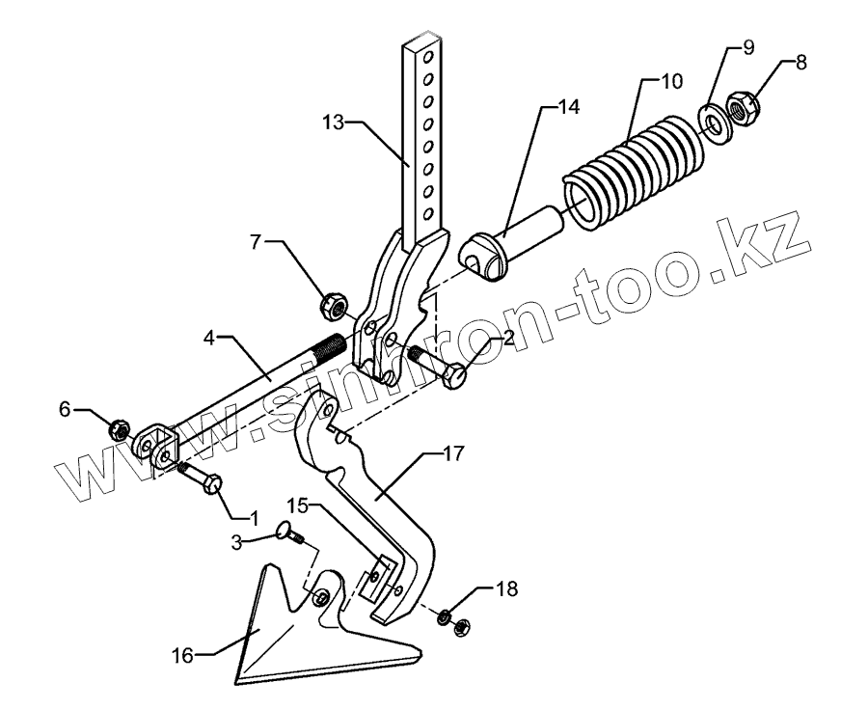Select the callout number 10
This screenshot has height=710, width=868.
(668, 80)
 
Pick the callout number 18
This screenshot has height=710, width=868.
(507, 587)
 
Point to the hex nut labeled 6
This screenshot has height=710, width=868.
(120, 428)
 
